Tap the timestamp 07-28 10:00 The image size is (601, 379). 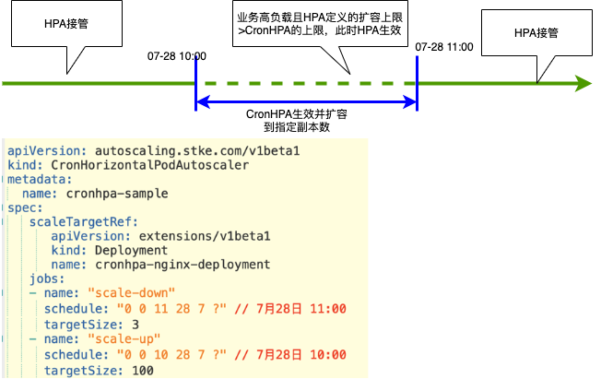pyautogui.click(x=176, y=56)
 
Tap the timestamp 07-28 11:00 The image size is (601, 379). pyautogui.click(x=444, y=46)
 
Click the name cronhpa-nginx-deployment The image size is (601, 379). pyautogui.click(x=182, y=265)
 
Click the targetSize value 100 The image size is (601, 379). pyautogui.click(x=143, y=370)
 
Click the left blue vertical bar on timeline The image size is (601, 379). pyautogui.click(x=195, y=84)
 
